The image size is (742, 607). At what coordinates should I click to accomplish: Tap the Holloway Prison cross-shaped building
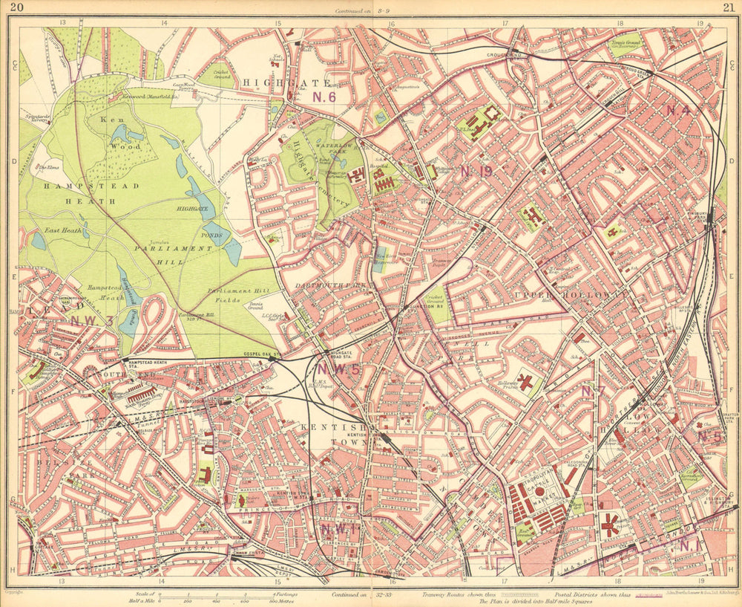point(526,383)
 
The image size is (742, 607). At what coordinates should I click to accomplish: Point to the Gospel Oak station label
point(264,355)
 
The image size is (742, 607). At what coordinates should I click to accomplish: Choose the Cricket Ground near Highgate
point(223,72)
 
